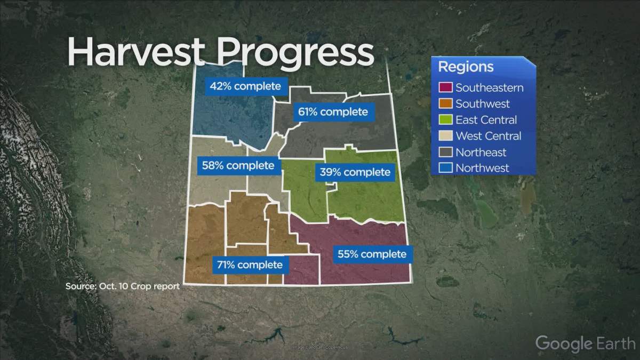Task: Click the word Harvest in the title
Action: point(136,52)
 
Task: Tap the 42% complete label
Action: point(245,86)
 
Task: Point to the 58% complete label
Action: point(238,165)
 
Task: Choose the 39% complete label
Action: point(355,172)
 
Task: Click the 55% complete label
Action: point(371,254)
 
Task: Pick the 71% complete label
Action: point(250,264)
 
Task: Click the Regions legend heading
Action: point(466,67)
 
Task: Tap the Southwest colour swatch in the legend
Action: point(446,104)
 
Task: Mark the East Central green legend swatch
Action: point(446,120)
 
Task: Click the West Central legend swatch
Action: point(446,136)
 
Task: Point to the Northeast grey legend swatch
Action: point(446,152)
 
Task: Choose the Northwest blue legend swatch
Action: point(446,168)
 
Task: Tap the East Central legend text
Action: point(486,120)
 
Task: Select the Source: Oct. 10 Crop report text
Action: point(123,286)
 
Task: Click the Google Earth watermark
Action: point(585,343)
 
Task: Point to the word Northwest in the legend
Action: point(482,168)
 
